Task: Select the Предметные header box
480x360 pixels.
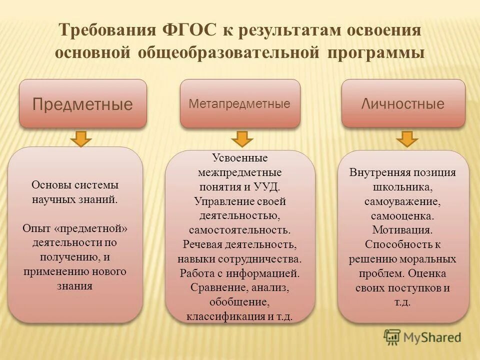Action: pos(83,103)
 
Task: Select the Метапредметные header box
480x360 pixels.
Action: pos(240,103)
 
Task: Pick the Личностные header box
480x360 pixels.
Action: pos(403,103)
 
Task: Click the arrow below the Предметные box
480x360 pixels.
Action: pos(80,138)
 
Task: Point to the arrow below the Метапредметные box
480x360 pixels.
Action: pos(241,138)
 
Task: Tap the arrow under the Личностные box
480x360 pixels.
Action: pos(407,138)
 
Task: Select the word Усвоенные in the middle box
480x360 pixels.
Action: pos(240,158)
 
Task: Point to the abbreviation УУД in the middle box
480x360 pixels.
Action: pos(270,187)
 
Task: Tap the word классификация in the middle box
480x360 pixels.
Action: pos(225,316)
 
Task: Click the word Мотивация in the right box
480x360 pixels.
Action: pos(402,230)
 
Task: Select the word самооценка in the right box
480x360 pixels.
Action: pos(402,216)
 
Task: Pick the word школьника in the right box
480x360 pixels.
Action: pos(401,187)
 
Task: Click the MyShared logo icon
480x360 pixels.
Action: pos(392,337)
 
